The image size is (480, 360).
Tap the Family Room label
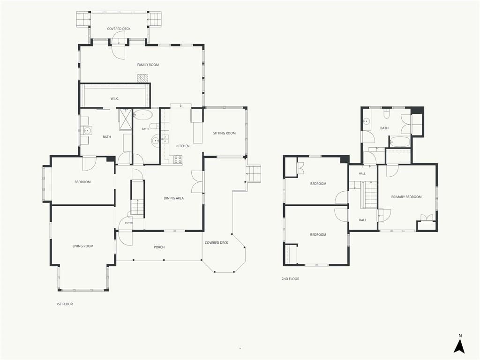click(148, 65)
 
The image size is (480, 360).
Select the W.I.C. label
click(115, 98)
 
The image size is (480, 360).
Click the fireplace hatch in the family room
click(142, 78)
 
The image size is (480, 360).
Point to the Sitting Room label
click(225, 133)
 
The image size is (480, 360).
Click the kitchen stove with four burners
click(178, 159)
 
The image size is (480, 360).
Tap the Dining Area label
click(173, 198)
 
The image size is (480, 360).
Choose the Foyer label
click(129, 223)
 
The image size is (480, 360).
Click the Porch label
click(159, 247)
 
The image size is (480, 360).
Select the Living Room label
click(83, 246)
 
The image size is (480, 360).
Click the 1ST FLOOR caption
click(64, 304)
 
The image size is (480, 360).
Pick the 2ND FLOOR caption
click(290, 279)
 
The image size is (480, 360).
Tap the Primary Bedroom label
click(406, 197)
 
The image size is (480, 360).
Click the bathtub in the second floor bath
click(399, 142)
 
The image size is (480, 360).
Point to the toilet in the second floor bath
click(387, 114)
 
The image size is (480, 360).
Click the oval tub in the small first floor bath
click(143, 115)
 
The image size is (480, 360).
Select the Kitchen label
click(183, 146)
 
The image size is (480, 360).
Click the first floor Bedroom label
click(82, 182)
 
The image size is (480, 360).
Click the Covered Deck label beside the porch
click(217, 243)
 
